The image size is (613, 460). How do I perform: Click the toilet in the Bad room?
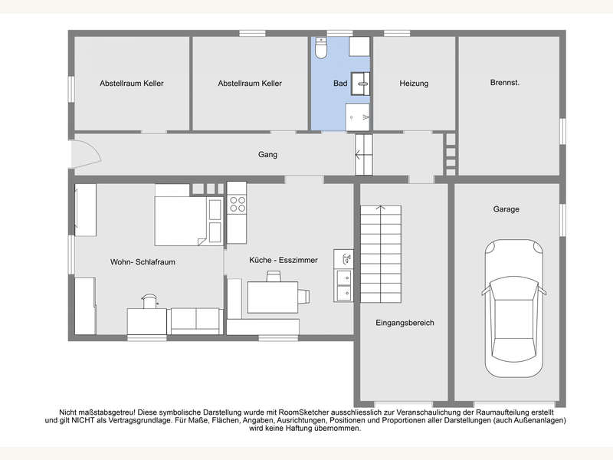click(x=321, y=48)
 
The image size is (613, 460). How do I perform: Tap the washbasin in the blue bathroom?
click(x=360, y=84)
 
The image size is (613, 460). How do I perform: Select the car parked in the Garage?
click(x=513, y=308)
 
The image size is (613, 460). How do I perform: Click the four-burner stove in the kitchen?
click(x=238, y=204)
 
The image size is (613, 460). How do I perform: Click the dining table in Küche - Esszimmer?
click(x=273, y=297)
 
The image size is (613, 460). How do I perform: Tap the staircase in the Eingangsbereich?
click(x=380, y=254)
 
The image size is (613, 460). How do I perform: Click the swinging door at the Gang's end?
click(x=85, y=154)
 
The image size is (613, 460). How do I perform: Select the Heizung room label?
click(x=414, y=84)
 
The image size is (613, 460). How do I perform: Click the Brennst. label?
click(x=505, y=83)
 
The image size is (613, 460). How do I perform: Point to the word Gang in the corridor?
click(x=267, y=155)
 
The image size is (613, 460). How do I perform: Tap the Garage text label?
click(x=506, y=209)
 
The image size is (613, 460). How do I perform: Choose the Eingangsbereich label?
click(x=405, y=323)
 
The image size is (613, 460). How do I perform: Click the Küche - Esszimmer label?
click(x=284, y=260)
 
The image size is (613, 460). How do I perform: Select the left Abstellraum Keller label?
click(x=131, y=84)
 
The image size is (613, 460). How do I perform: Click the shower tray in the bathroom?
click(x=357, y=117)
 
